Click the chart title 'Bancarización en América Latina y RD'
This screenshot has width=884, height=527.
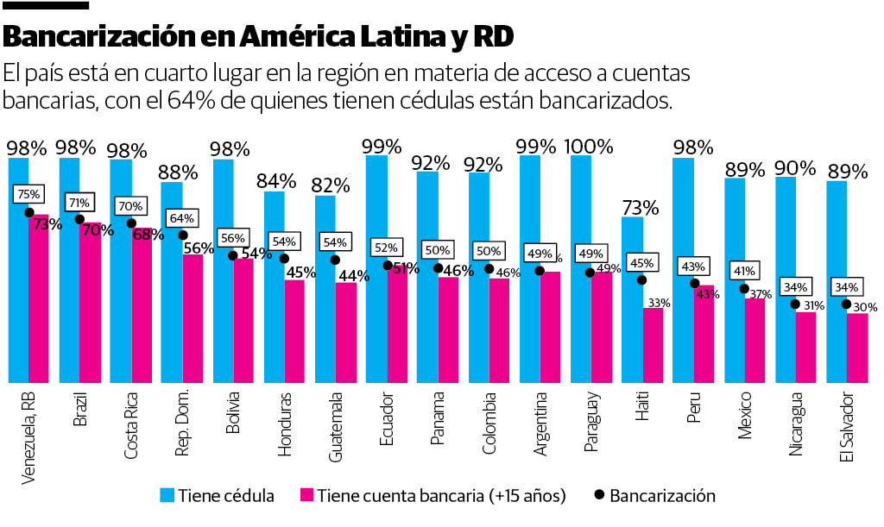tap(259, 37)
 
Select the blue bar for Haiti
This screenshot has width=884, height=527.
tap(633, 302)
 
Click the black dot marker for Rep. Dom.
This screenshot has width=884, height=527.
tap(183, 235)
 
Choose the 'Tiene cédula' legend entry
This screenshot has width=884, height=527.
tap(217, 496)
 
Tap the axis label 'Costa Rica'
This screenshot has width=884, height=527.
tap(131, 425)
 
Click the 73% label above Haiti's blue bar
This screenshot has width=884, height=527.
tap(640, 208)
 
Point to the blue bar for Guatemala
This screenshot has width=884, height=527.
tap(325, 289)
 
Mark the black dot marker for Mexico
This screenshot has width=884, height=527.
tap(744, 288)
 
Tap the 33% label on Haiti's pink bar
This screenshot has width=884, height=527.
tap(660, 303)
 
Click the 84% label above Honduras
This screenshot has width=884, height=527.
tap(276, 181)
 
